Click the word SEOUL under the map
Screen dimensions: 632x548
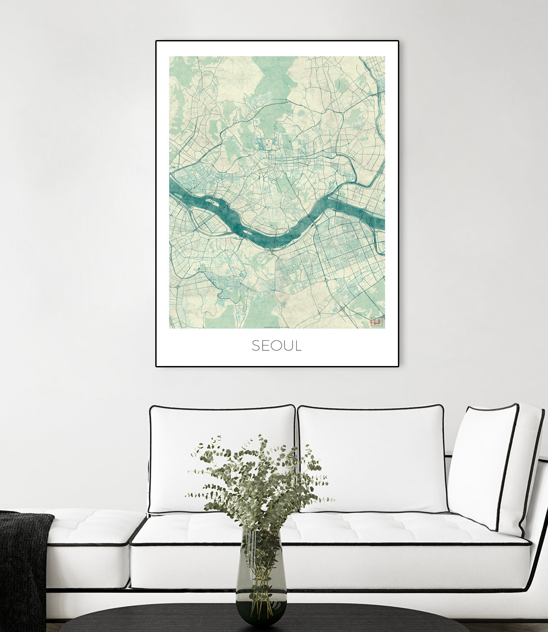(277, 346)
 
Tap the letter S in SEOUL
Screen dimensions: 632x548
(255, 346)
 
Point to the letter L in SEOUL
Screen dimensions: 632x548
(298, 346)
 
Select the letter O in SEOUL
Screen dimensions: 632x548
(277, 346)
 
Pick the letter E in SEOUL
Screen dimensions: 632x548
(265, 346)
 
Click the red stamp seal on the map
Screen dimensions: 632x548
(376, 322)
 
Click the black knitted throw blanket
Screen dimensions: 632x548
(22, 566)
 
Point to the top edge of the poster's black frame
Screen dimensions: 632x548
(277, 41)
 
